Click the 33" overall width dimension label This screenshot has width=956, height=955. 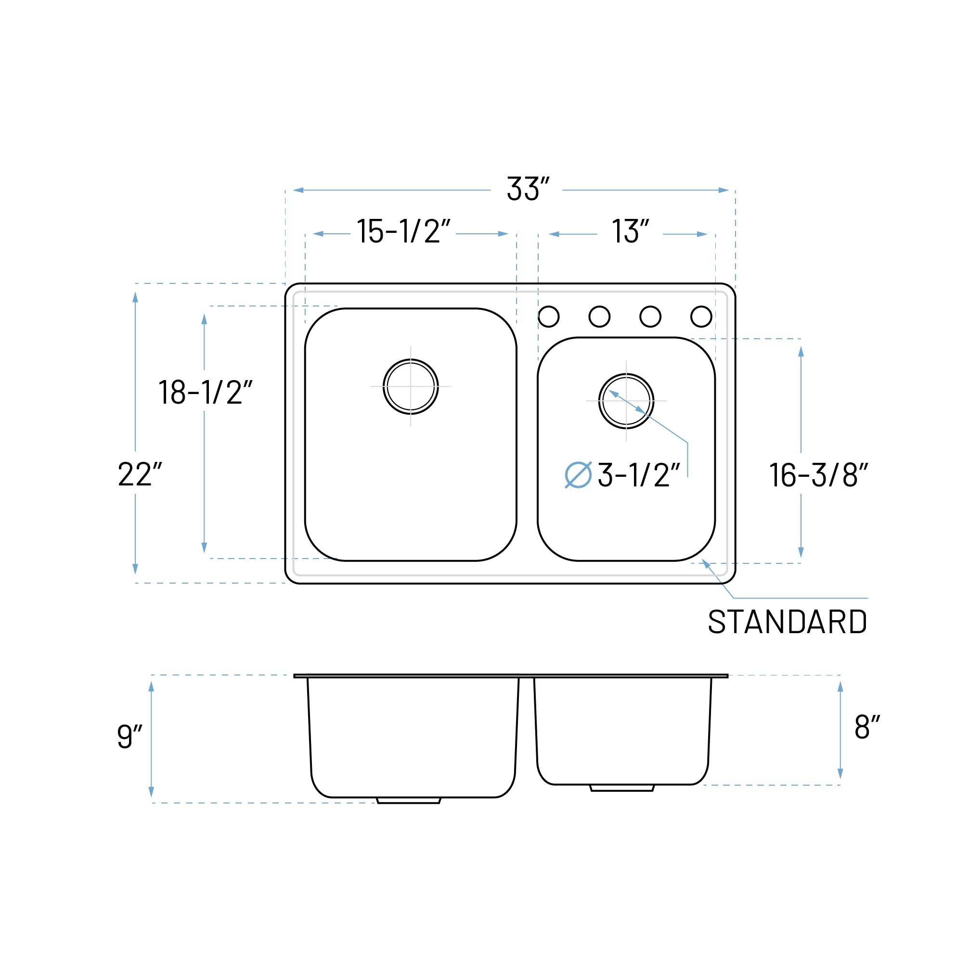click(528, 190)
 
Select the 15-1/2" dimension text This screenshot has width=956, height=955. click(403, 231)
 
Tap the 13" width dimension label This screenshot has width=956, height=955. click(630, 231)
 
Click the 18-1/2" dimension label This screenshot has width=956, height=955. click(205, 393)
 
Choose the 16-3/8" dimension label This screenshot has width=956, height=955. click(818, 475)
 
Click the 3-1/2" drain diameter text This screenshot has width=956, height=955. click(638, 475)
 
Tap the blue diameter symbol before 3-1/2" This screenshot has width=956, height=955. click(578, 475)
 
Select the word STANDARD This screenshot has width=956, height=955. click(787, 622)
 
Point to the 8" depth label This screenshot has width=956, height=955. click(867, 727)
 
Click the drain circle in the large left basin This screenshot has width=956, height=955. click(410, 386)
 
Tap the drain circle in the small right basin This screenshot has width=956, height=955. click(626, 401)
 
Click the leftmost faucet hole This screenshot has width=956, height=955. click(548, 317)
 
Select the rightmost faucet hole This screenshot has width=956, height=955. click(701, 317)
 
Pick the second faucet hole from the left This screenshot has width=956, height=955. click(599, 317)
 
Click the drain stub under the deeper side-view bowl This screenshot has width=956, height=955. click(408, 800)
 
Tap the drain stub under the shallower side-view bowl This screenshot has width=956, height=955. click(622, 788)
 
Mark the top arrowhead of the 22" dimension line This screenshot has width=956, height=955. click(135, 296)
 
